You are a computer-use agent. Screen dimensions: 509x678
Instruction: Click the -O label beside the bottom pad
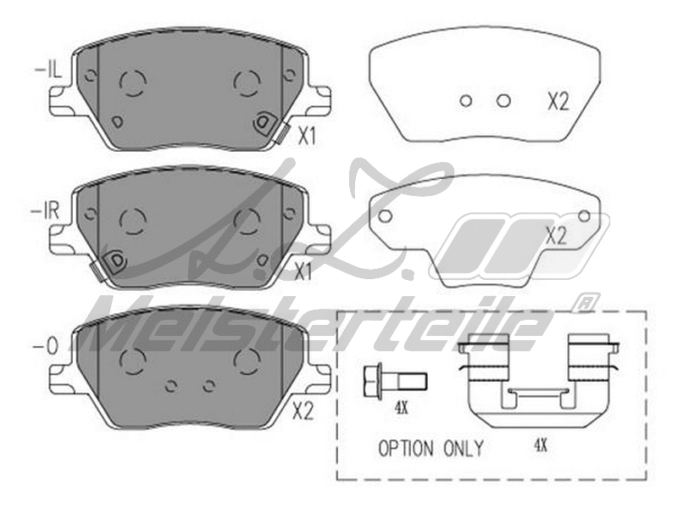[47, 346]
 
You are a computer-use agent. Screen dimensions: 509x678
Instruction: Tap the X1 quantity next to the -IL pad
[306, 137]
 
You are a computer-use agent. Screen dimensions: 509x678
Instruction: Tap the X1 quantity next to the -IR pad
[304, 271]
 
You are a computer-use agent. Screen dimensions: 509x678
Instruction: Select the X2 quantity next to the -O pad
[303, 412]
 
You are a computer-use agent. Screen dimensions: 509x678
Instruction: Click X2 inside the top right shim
[557, 103]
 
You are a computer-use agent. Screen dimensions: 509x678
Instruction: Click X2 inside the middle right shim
[555, 237]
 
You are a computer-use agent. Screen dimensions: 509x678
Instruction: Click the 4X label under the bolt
[401, 407]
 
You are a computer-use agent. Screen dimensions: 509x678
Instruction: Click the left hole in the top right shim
[465, 101]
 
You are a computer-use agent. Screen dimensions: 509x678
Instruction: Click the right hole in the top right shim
[503, 101]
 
